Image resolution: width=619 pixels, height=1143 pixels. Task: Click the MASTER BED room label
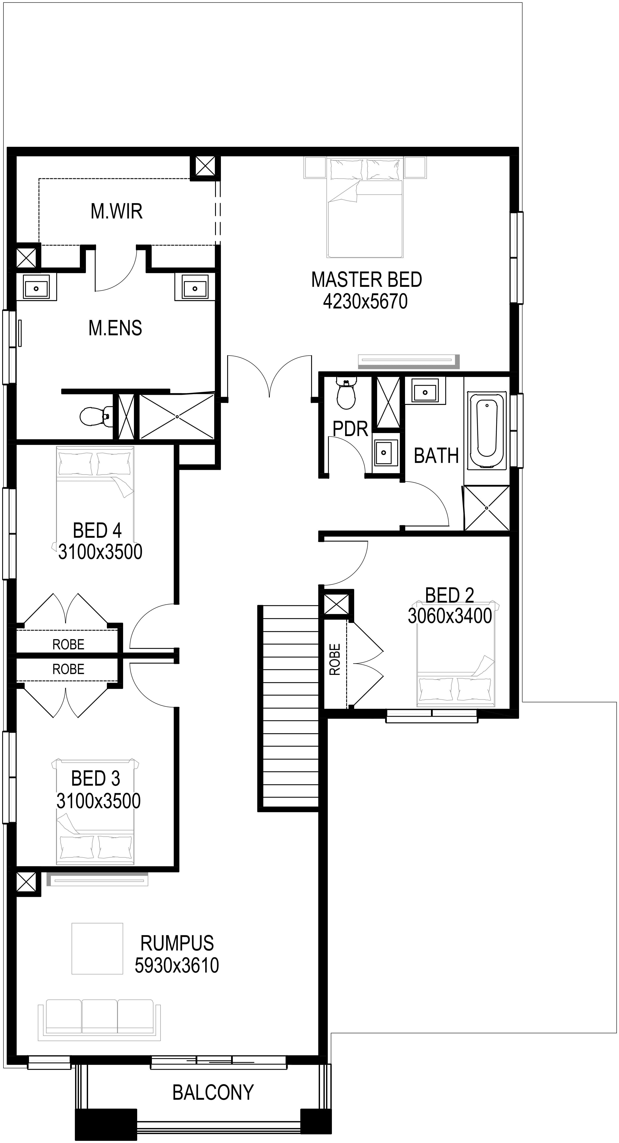367,279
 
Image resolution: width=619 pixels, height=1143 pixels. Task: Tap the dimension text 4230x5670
365,302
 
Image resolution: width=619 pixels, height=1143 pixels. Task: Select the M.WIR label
117,211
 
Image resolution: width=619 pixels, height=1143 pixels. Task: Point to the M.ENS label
115,328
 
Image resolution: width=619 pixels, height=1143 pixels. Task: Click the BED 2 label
450,595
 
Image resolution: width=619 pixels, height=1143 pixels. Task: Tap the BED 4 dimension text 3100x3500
100,552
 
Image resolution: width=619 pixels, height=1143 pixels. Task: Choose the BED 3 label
95,778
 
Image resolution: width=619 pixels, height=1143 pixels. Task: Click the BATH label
436,456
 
